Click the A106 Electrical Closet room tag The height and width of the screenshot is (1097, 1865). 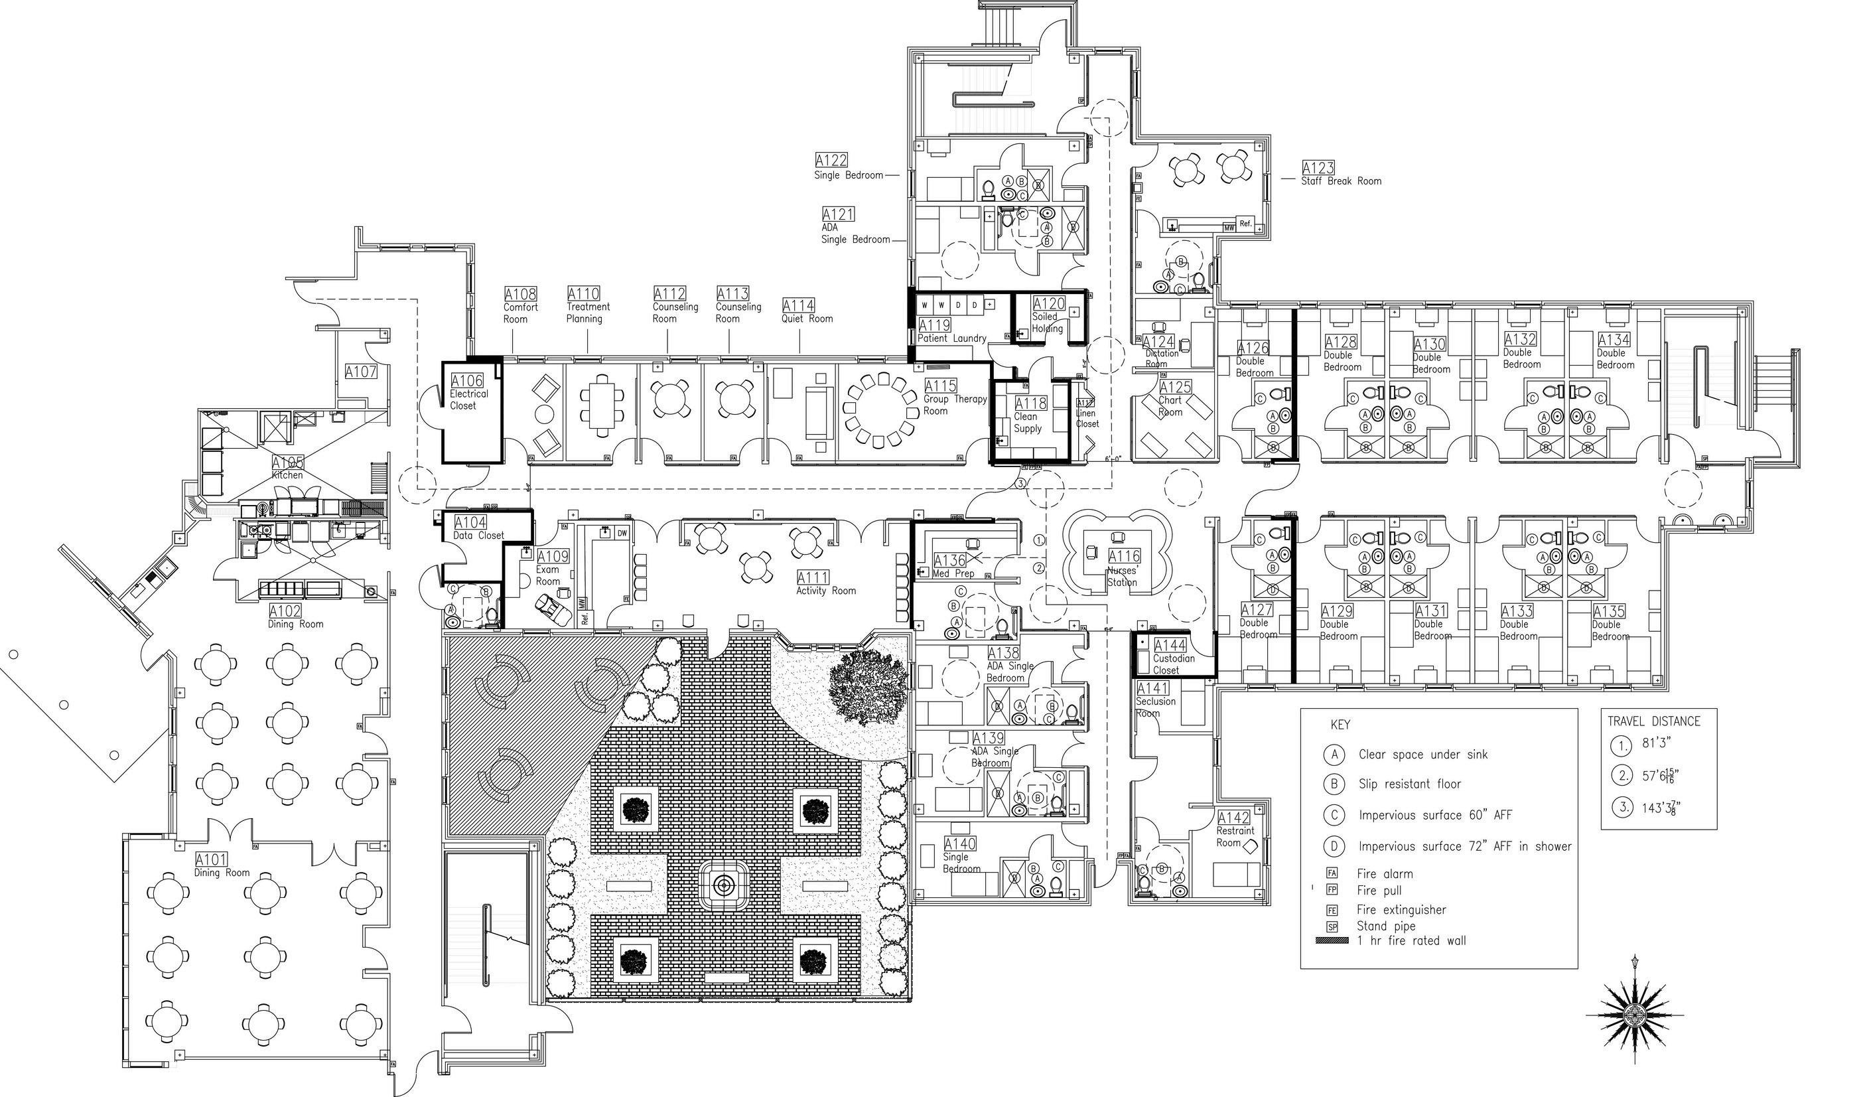click(x=467, y=381)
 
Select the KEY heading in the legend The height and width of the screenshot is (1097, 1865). click(x=1340, y=725)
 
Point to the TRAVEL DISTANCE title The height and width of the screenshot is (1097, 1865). click(x=1653, y=721)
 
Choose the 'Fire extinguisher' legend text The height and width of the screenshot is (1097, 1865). click(x=1401, y=910)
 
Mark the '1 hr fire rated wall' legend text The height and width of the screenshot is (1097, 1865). click(x=1411, y=941)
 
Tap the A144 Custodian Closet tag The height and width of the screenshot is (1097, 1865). click(x=1170, y=646)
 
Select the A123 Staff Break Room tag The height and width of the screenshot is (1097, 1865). click(x=1318, y=169)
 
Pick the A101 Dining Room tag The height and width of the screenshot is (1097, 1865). click(x=211, y=859)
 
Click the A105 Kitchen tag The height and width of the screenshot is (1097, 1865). click(x=288, y=463)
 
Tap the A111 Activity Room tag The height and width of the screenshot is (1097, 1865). click(x=813, y=577)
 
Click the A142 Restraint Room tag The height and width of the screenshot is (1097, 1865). click(x=1233, y=818)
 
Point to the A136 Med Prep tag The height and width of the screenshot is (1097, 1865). click(x=950, y=561)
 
